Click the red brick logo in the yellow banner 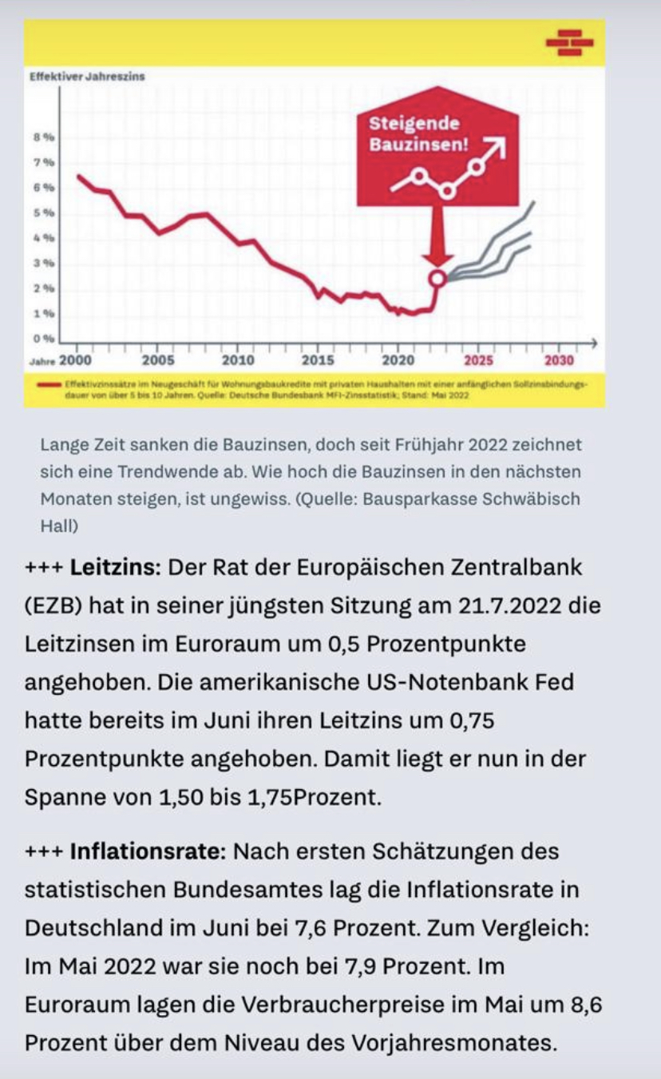(569, 42)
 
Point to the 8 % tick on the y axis (43, 137)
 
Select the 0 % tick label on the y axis (43, 338)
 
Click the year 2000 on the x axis (76, 360)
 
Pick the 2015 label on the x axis (319, 360)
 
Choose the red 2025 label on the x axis (478, 360)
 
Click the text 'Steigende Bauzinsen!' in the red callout (415, 135)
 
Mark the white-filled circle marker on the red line (437, 278)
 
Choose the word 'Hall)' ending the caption (57, 527)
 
